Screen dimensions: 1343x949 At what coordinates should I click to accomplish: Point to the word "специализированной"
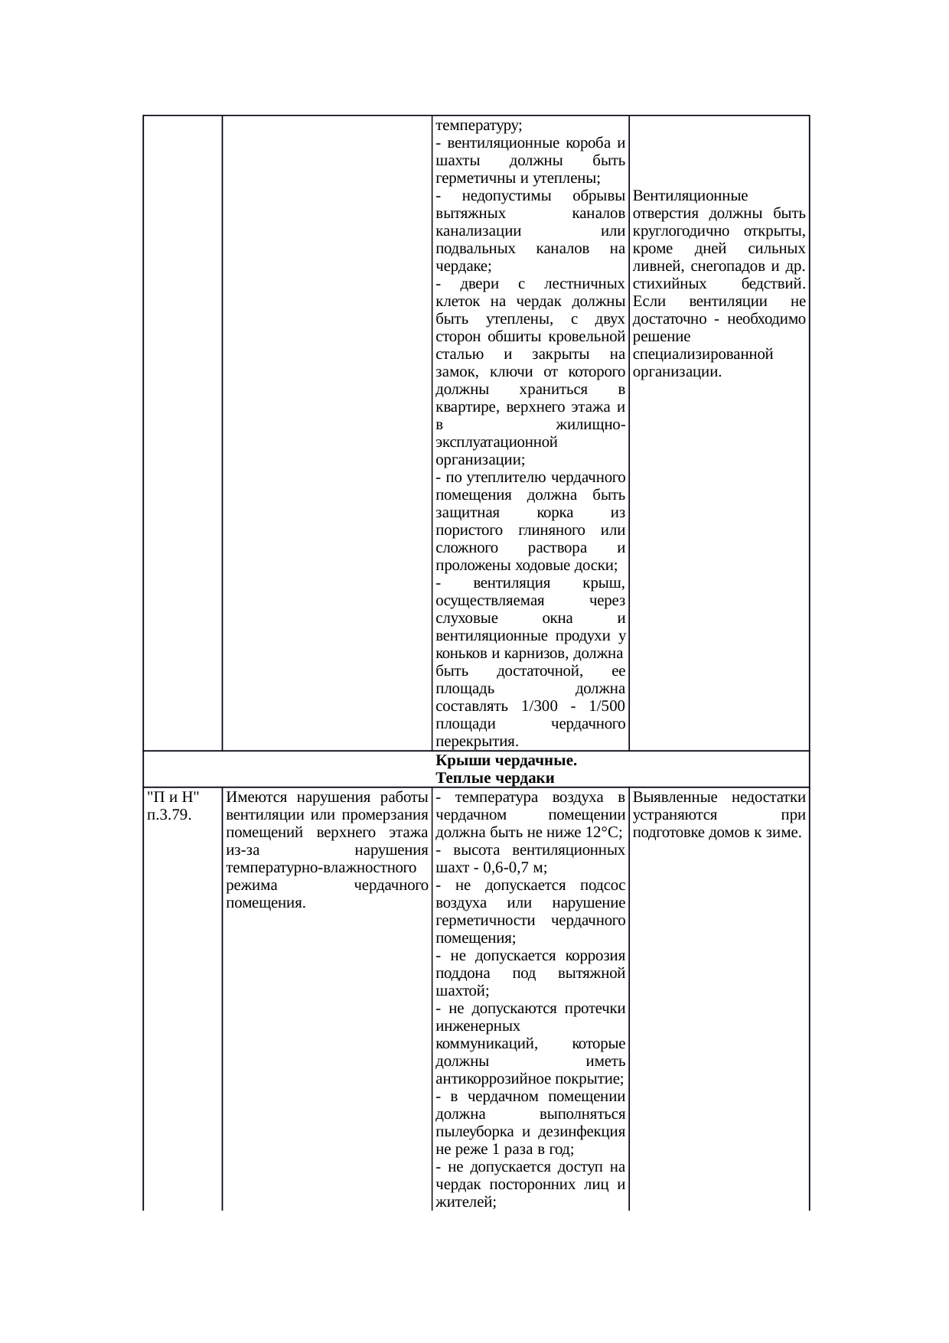(x=703, y=355)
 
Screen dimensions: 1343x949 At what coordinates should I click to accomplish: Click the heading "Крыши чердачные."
(x=506, y=761)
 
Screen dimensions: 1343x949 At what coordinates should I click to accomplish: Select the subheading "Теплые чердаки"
(x=494, y=778)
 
